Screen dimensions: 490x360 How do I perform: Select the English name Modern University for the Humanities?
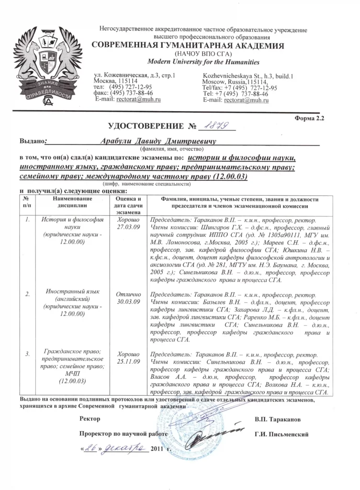pyautogui.click(x=203, y=62)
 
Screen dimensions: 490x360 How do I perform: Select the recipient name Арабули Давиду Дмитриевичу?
pyautogui.click(x=158, y=142)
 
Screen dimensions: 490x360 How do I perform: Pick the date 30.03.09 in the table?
pyautogui.click(x=128, y=302)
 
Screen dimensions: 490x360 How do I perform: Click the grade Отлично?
pyautogui.click(x=128, y=294)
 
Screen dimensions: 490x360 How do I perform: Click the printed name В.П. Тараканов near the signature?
pyautogui.click(x=278, y=420)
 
